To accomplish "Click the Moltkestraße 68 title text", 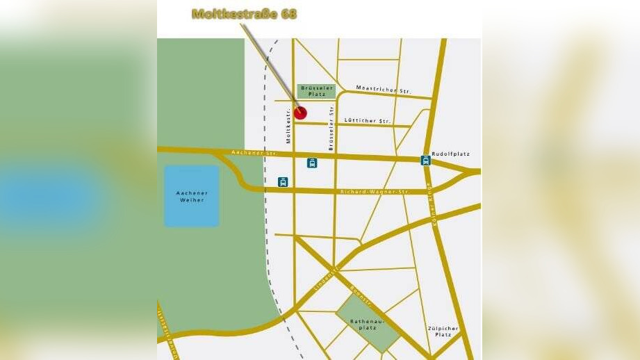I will coord(244,14).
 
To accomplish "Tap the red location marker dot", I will coord(300,113).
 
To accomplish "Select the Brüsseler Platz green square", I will coord(317,90).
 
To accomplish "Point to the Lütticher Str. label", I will coord(368,120).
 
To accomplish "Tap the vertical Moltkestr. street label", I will coord(287,129).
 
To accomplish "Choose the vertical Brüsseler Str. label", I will coord(332,129).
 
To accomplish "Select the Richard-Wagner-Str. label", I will coord(371,191).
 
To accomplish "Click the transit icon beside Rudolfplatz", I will coord(425,161).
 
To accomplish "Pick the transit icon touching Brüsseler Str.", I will coord(313,163).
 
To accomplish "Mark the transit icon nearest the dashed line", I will coord(283,181).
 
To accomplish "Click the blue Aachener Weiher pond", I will coord(191,196).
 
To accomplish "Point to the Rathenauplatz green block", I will coord(368,322).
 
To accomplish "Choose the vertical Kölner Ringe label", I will coord(435,206).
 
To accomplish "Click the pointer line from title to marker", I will coord(270,67).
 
